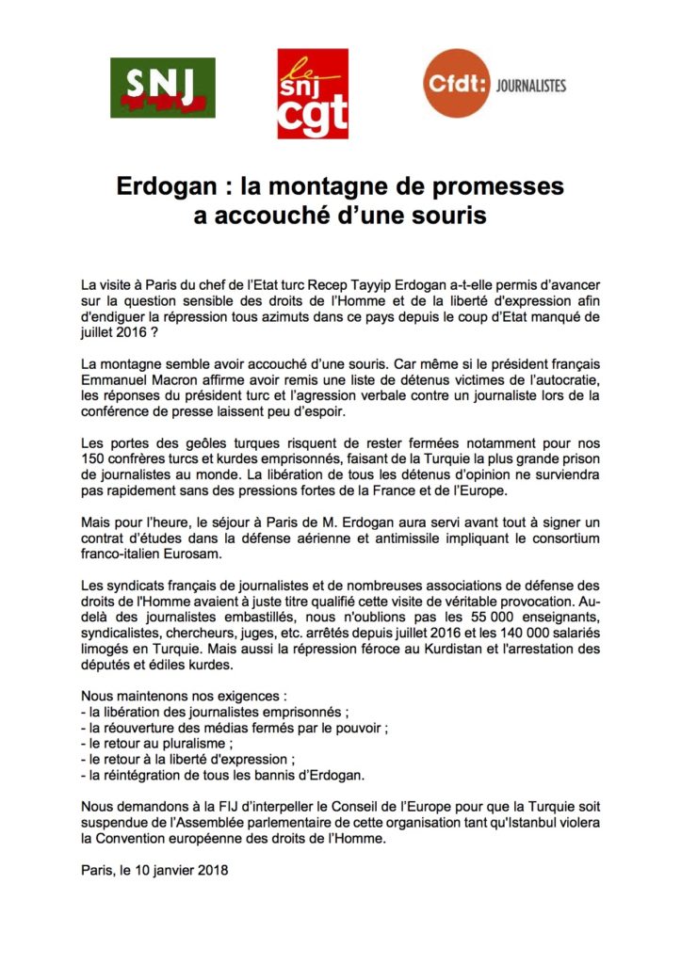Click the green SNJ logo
point(163,88)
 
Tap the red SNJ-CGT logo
point(313,94)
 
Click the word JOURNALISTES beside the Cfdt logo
point(534,86)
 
